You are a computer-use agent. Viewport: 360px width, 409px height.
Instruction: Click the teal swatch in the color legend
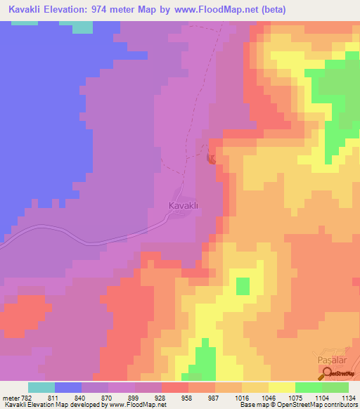(x=41, y=387)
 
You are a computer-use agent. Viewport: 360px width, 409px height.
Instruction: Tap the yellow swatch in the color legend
(x=282, y=387)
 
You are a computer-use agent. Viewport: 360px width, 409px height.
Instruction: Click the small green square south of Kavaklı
(x=242, y=286)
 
